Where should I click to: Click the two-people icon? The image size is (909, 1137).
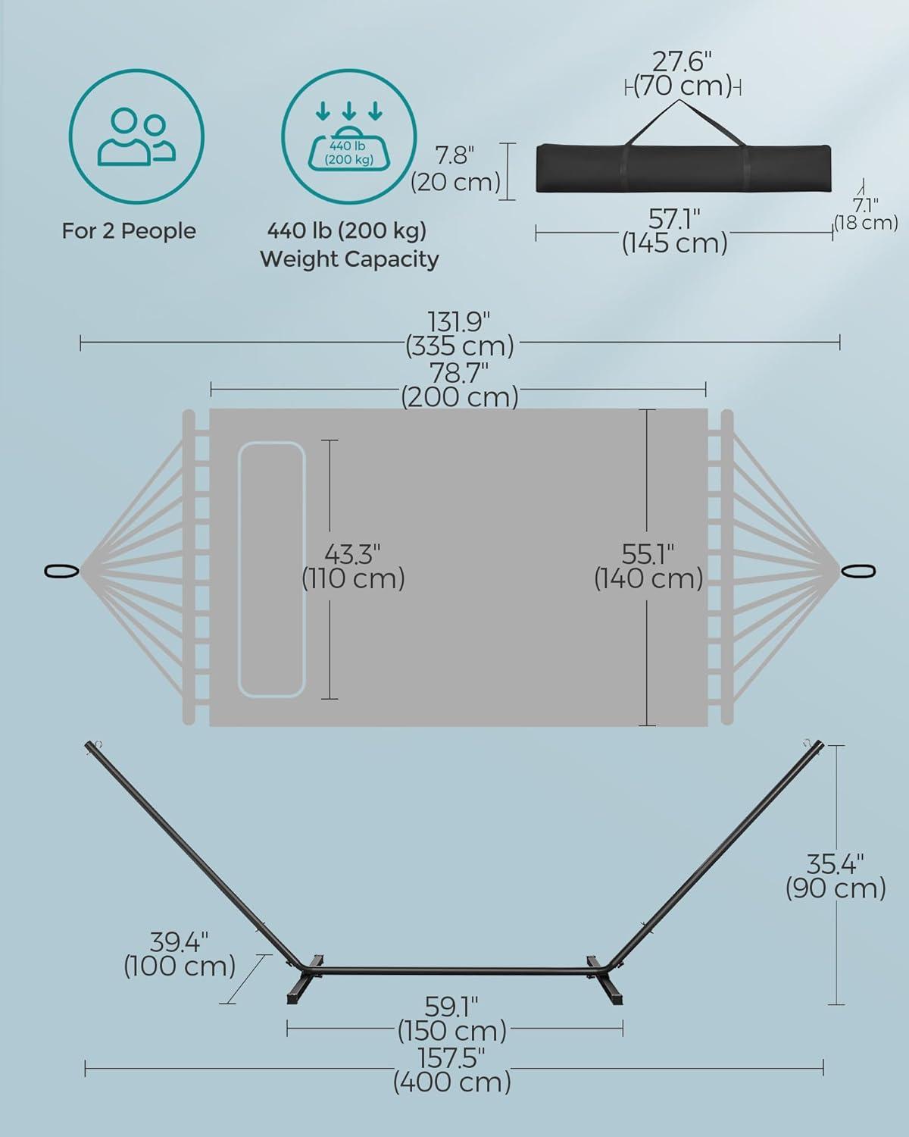pos(136,136)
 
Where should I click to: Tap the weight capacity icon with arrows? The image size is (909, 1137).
pos(348,136)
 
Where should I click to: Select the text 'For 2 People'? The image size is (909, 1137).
pos(129,231)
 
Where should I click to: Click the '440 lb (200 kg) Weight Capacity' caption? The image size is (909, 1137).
pos(348,245)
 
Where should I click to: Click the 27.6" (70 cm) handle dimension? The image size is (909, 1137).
pos(683,74)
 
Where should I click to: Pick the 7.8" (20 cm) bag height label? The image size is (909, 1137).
pos(455,169)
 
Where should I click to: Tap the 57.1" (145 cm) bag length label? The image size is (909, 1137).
pos(674,231)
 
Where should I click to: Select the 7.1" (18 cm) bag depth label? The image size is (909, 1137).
pos(866,214)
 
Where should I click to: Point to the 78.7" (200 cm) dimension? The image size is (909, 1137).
pos(459,385)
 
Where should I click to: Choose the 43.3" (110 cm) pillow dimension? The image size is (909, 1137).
pos(353,566)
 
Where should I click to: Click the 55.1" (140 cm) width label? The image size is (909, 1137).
pos(648,566)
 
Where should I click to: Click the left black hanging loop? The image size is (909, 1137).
pos(62,571)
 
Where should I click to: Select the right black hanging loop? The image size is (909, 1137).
pos(858,571)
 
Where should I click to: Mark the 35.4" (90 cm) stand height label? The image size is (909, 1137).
pos(835,877)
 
